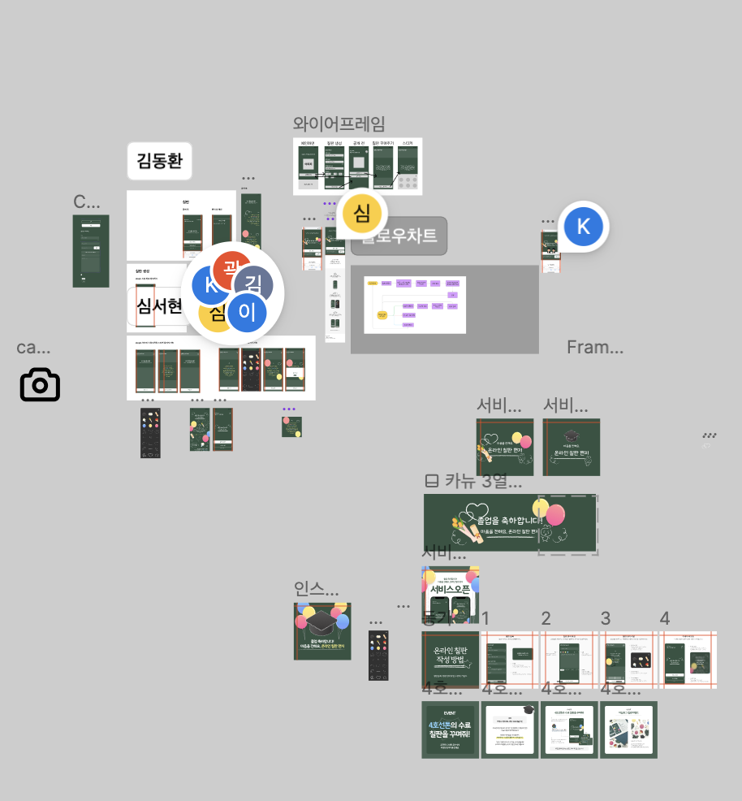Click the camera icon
pos(40,384)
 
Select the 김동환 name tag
pos(159,161)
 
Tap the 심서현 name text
pos(159,306)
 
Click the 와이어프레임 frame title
pos(339,123)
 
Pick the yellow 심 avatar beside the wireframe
pos(362,214)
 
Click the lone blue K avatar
pos(583,227)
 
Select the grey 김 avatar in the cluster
pos(253,284)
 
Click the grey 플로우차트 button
pos(399,236)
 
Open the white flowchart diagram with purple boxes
pos(415,304)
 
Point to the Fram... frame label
pos(595,348)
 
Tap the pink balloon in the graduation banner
pos(555,515)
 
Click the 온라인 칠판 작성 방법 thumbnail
pos(451,660)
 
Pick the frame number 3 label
pos(606,619)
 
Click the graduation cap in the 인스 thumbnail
pos(323,623)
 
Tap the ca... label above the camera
pos(33,348)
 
